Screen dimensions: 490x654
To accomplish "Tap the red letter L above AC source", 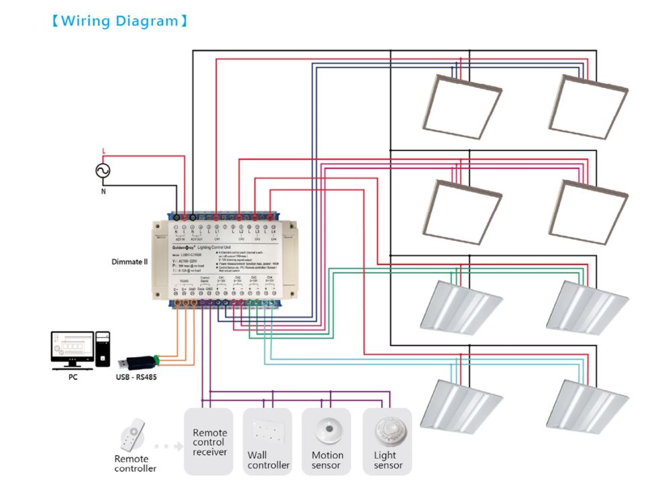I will (103, 151).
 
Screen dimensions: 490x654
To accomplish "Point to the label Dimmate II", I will (130, 261).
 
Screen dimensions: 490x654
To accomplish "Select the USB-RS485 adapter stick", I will (138, 362).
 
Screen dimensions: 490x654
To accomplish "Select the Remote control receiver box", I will (209, 442).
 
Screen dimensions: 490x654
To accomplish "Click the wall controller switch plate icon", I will (267, 433).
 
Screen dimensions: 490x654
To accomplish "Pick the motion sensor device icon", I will (327, 430).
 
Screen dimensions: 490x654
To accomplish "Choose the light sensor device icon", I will (387, 430).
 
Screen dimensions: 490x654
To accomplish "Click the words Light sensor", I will (388, 460).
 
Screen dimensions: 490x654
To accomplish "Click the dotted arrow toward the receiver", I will (165, 445).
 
